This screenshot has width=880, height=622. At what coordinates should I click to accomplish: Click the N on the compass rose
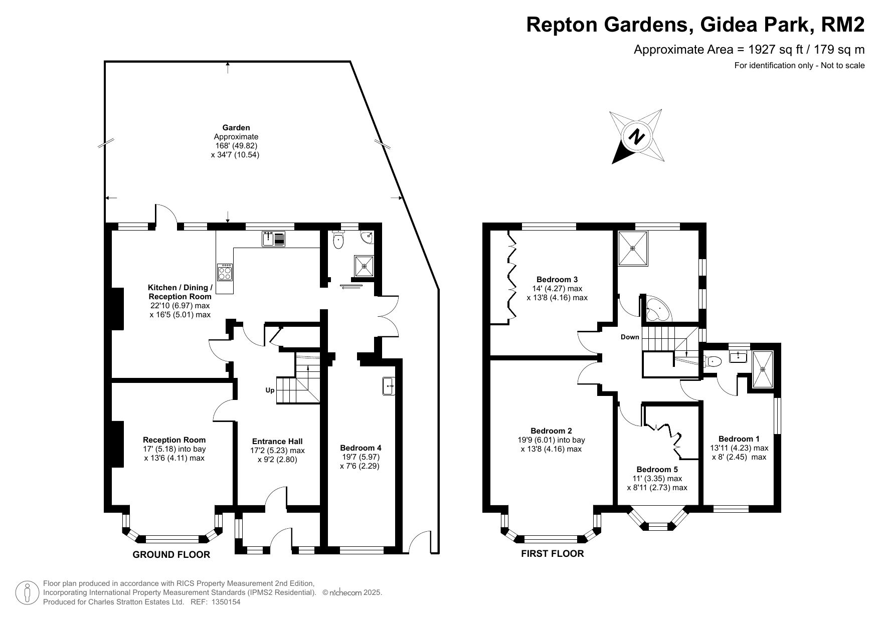tap(637, 137)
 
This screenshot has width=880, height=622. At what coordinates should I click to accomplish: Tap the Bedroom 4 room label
tap(360, 448)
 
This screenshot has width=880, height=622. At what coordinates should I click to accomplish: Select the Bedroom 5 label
tap(657, 470)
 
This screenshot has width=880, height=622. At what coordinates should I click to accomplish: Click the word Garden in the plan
tap(236, 128)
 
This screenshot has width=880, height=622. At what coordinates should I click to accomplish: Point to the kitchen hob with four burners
tap(225, 272)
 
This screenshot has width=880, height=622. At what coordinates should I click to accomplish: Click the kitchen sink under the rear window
tap(273, 239)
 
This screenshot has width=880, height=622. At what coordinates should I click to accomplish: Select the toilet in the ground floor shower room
tap(339, 239)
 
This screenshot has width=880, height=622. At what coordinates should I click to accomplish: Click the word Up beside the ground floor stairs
tap(270, 390)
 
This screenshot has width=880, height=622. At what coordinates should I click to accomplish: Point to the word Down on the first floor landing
tap(630, 337)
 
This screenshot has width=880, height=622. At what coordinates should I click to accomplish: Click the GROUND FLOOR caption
tap(171, 554)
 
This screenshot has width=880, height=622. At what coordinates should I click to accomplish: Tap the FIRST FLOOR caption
tap(552, 553)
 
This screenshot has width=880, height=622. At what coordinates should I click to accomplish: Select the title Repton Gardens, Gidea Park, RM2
tap(695, 25)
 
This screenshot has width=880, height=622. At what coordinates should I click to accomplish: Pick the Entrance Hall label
tap(277, 441)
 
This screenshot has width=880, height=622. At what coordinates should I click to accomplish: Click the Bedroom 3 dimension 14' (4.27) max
tap(557, 288)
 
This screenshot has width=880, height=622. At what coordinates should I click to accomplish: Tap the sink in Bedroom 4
tap(389, 386)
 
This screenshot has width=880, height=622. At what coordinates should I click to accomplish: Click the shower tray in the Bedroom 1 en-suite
tap(762, 369)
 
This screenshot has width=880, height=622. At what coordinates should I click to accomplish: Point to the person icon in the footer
tap(27, 592)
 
